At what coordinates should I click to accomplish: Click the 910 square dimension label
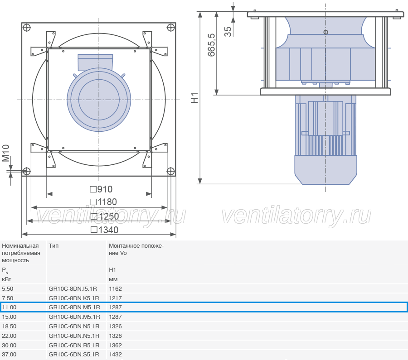(101, 189)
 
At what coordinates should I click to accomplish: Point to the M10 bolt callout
(6, 153)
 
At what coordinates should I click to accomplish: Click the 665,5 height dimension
(211, 45)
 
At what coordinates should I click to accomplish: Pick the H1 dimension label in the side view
(194, 98)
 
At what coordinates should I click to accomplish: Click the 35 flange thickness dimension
(228, 32)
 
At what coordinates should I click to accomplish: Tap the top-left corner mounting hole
(27, 27)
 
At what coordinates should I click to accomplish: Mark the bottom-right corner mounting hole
(170, 171)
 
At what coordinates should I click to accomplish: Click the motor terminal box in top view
(95, 62)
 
